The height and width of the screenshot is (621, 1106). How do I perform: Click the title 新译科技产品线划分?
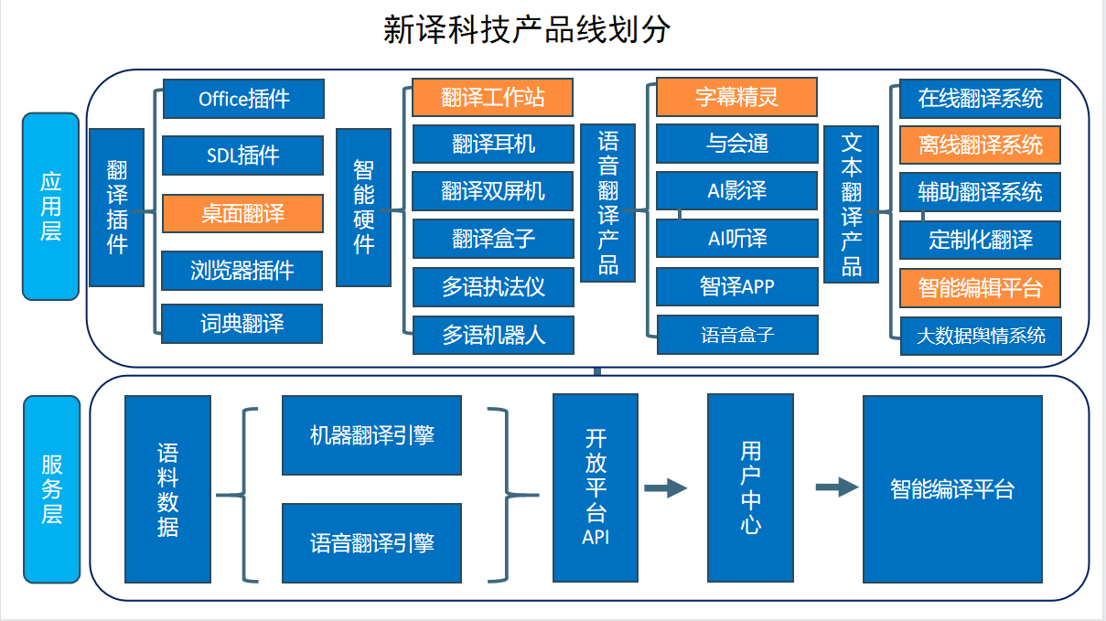pyautogui.click(x=527, y=29)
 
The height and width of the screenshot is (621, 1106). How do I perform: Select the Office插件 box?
pyautogui.click(x=244, y=99)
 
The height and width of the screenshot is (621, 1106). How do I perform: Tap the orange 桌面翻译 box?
pyautogui.click(x=243, y=214)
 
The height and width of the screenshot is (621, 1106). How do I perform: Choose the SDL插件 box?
pyautogui.click(x=243, y=155)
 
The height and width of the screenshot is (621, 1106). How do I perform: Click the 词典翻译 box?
pyautogui.click(x=242, y=324)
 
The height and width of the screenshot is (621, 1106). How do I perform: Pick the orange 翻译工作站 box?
pyautogui.click(x=493, y=97)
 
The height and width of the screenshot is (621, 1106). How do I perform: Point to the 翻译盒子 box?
pyautogui.click(x=493, y=239)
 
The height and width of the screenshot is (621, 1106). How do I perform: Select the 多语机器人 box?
pyautogui.click(x=493, y=335)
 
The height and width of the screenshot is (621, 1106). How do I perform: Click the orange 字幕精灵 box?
pyautogui.click(x=736, y=97)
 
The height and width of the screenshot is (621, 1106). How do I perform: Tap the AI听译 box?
pyautogui.click(x=737, y=239)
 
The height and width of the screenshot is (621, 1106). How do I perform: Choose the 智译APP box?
pyautogui.click(x=737, y=287)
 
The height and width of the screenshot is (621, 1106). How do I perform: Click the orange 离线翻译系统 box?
pyautogui.click(x=980, y=145)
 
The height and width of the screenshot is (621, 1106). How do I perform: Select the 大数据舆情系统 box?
pyautogui.click(x=981, y=337)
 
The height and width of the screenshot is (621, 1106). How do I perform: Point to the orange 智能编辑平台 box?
pyautogui.click(x=980, y=288)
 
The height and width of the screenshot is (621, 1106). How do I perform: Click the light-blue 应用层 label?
pyautogui.click(x=51, y=207)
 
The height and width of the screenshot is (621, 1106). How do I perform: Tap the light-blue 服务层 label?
pyautogui.click(x=52, y=489)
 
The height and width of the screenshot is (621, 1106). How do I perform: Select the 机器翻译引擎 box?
pyautogui.click(x=371, y=435)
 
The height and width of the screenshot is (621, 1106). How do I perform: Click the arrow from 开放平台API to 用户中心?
pyautogui.click(x=666, y=488)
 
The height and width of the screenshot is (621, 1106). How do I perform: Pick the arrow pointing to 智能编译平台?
pyautogui.click(x=837, y=487)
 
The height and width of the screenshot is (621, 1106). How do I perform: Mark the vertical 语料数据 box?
pyautogui.click(x=168, y=489)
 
